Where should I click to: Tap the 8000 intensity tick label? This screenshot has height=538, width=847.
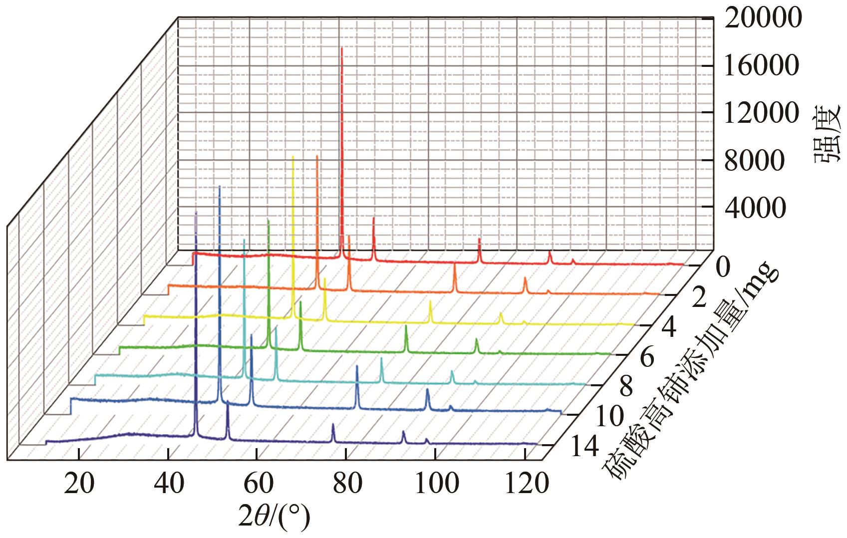(x=754, y=161)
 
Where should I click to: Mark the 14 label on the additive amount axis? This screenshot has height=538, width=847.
(x=583, y=448)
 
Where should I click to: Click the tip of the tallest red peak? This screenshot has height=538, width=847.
(x=342, y=48)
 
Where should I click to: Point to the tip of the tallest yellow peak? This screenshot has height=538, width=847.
(x=293, y=157)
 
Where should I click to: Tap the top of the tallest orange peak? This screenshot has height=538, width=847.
(x=317, y=156)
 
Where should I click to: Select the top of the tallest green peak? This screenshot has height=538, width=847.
(x=269, y=220)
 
